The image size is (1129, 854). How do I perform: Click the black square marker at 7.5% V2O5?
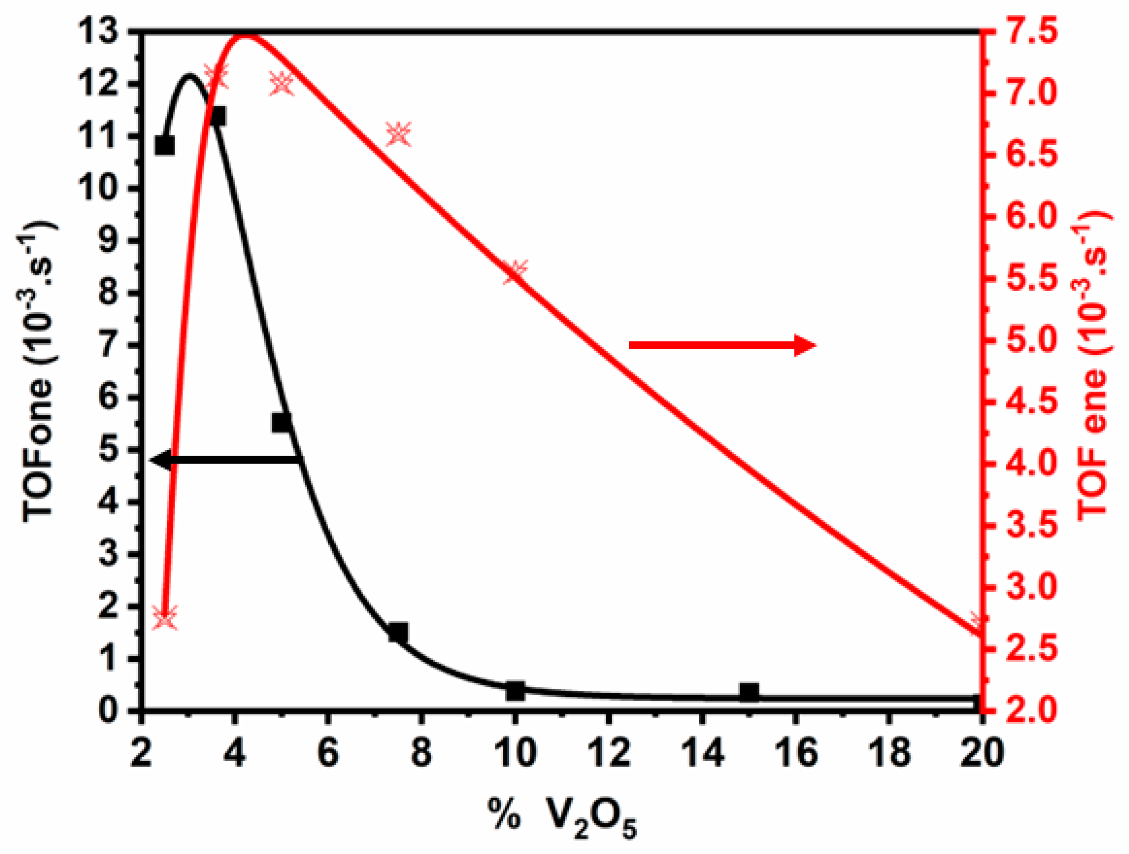coord(398,632)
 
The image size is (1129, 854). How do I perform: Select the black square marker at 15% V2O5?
coord(749,691)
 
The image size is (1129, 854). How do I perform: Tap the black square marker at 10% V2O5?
coord(515,691)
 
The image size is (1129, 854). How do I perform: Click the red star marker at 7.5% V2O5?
coord(399,134)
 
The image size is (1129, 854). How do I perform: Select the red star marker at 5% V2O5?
coord(282,83)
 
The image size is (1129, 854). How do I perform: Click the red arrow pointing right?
coord(722,345)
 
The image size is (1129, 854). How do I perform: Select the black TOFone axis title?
coord(38,373)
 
